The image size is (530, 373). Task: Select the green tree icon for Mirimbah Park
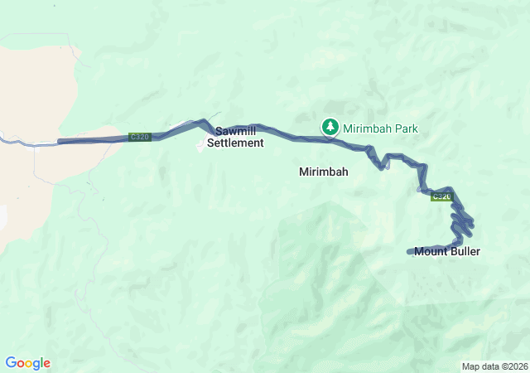click(330, 127)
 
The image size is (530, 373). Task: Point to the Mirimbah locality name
click(323, 172)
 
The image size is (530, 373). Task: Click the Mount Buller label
click(447, 251)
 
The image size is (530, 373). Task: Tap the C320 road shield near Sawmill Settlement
click(140, 137)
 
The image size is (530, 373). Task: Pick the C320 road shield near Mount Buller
click(441, 196)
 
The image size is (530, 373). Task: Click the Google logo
click(27, 363)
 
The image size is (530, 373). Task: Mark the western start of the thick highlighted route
click(60, 142)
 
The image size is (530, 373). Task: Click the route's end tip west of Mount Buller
click(409, 252)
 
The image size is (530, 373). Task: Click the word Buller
click(465, 251)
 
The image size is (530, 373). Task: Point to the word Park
click(407, 128)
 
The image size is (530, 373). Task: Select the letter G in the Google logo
click(11, 363)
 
